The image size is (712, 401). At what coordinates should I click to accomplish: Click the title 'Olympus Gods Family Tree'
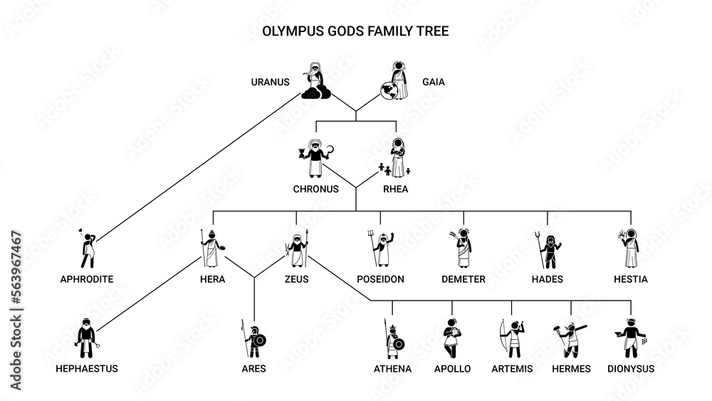(x=355, y=32)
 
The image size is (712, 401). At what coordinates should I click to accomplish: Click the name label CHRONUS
(x=315, y=189)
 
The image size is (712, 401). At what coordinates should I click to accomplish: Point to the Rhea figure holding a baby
(x=398, y=157)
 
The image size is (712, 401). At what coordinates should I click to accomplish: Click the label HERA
(x=212, y=279)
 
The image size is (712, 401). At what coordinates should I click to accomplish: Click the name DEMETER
(x=462, y=279)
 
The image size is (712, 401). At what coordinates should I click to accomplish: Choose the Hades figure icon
(x=549, y=248)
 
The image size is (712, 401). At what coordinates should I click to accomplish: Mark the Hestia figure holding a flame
(x=629, y=248)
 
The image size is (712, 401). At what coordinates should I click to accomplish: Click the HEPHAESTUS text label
(x=87, y=369)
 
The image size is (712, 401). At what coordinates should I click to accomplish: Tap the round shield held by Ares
(x=260, y=340)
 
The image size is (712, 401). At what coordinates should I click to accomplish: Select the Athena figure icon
(x=392, y=338)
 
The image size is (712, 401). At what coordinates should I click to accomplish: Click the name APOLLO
(x=452, y=369)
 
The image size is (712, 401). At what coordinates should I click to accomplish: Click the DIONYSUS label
(x=631, y=369)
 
